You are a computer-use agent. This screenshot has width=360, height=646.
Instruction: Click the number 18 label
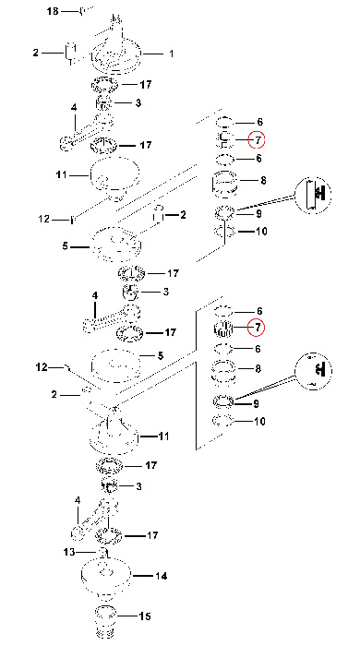(x=54, y=11)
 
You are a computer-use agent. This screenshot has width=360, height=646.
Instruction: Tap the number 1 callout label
(x=172, y=54)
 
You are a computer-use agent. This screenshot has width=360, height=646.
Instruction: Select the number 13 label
(x=69, y=552)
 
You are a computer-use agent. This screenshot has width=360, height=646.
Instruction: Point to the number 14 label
(x=162, y=576)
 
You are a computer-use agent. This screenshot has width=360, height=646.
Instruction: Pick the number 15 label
(x=145, y=616)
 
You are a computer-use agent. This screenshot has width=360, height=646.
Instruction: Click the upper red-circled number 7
(x=257, y=140)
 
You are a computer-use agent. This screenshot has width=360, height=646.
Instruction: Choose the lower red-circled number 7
(x=257, y=328)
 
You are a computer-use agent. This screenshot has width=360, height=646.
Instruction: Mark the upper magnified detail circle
(x=313, y=195)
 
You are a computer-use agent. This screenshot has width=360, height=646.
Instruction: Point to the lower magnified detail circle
(x=313, y=370)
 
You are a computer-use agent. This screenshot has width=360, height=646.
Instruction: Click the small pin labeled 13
(x=103, y=552)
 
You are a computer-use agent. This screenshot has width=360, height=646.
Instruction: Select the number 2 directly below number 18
(x=36, y=53)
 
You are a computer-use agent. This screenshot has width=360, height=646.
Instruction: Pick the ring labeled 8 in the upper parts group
(x=224, y=181)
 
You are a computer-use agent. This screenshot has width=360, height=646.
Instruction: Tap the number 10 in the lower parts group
(x=260, y=422)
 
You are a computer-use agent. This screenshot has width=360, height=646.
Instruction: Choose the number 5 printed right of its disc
(x=161, y=355)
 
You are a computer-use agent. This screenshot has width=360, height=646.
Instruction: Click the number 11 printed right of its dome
(x=163, y=436)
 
